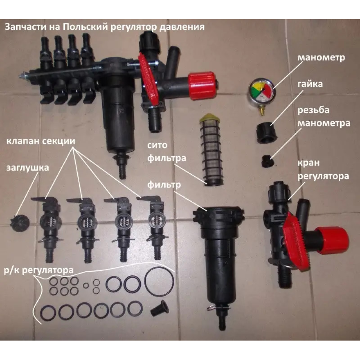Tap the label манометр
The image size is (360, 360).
(321, 58)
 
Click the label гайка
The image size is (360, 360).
(310, 84)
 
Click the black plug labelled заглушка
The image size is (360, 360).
(20, 222)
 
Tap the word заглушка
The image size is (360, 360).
(28, 168)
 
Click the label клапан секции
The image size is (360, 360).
(41, 141)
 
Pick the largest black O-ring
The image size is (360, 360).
(159, 282)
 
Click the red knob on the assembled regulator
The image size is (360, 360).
(202, 86)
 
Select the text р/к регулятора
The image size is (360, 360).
(39, 270)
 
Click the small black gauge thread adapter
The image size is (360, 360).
(267, 161)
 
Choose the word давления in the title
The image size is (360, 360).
(182, 27)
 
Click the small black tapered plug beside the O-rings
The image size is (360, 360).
(160, 309)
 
